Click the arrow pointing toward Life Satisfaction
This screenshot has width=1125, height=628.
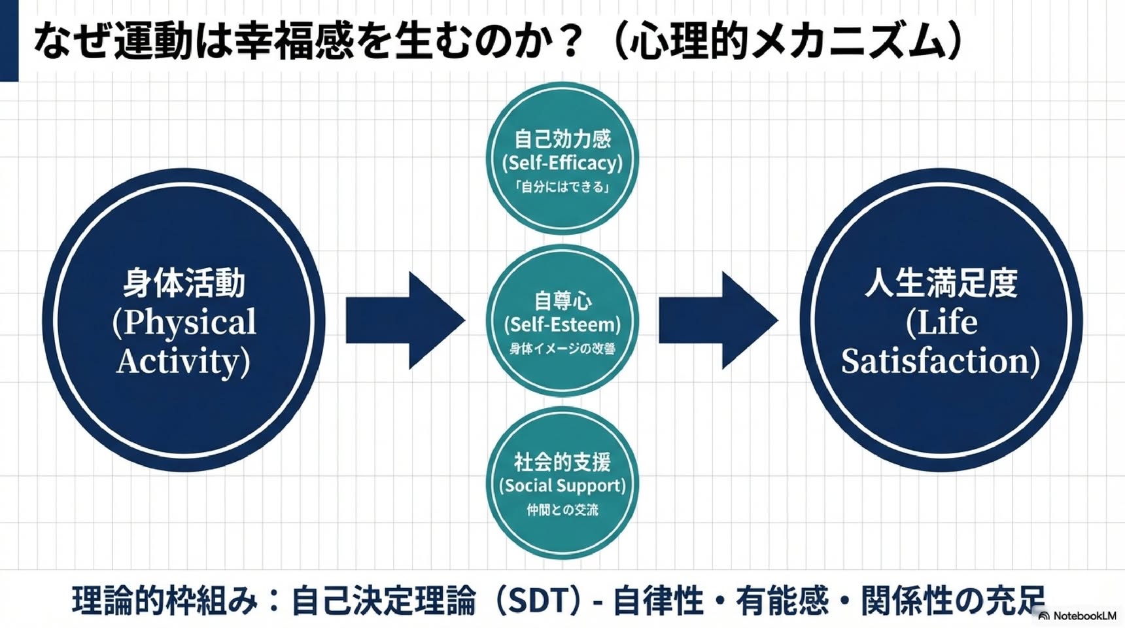pos(718,320)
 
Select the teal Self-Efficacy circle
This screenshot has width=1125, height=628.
pos(562,158)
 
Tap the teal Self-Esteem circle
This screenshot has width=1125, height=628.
pos(562,321)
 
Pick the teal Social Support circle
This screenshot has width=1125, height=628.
pos(562,483)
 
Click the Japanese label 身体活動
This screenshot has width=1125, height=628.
pos(184,283)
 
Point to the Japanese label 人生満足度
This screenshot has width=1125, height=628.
pos(941,283)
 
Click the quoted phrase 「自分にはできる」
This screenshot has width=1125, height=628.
pos(562,187)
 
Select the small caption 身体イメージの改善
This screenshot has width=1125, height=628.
pos(562,349)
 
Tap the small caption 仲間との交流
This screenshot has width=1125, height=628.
pos(562,510)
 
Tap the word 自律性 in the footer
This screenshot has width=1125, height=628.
pos(659,601)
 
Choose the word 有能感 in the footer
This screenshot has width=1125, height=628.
pos(782,601)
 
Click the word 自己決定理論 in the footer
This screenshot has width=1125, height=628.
pos(383,601)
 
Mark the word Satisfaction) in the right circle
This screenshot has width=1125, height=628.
pos(941,360)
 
